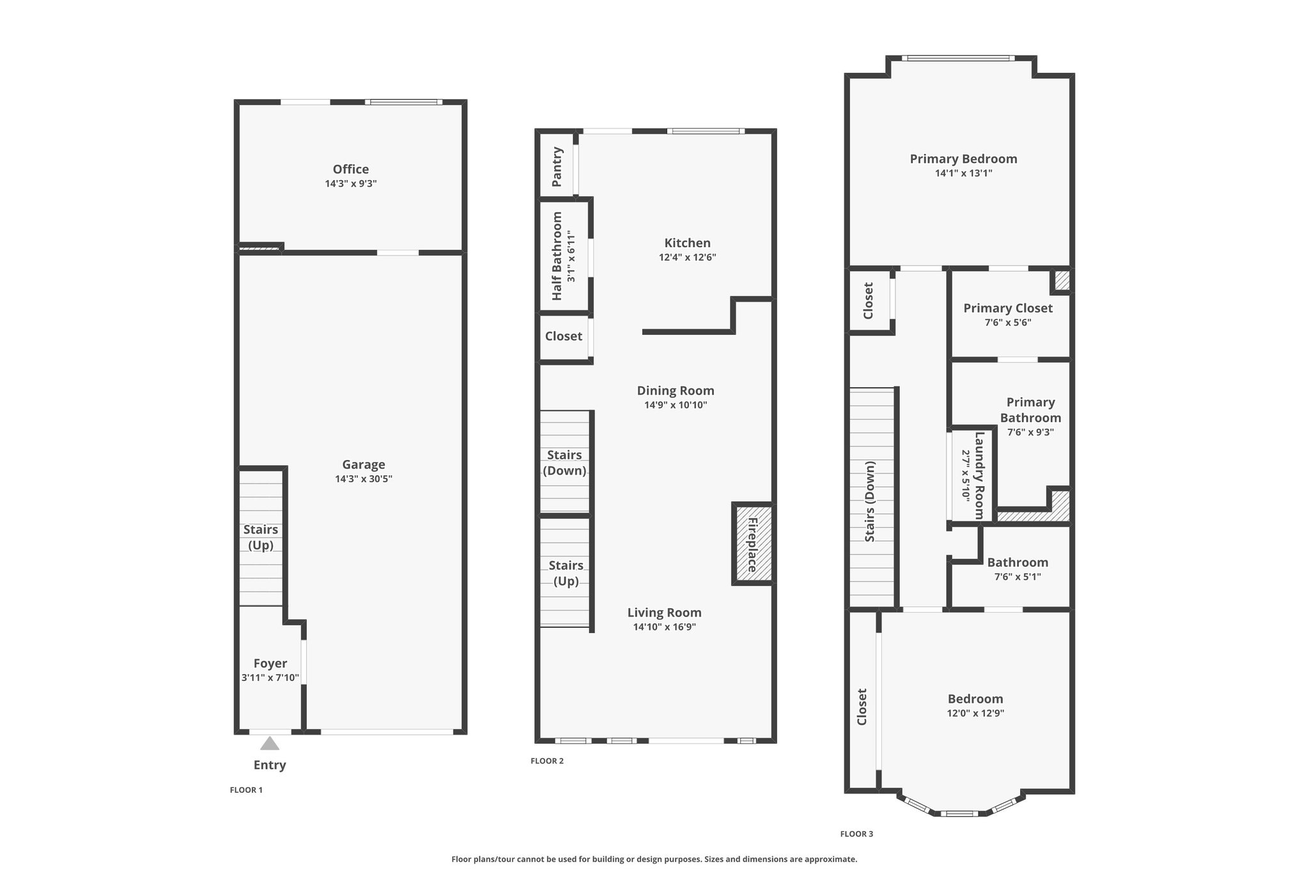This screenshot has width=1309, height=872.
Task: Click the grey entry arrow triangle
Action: [270, 743]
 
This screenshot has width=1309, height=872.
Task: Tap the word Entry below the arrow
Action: [270, 765]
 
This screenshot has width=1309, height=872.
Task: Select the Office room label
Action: [351, 169]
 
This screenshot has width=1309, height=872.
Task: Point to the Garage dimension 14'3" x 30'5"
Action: [364, 479]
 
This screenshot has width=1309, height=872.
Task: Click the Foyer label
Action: [270, 664]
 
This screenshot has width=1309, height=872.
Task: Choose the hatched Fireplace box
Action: [752, 544]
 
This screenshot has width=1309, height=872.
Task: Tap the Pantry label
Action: [557, 167]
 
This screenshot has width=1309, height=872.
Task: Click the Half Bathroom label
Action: [557, 256]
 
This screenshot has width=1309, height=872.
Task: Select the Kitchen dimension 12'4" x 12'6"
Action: [688, 257]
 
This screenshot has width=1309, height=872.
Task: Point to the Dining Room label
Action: [676, 390]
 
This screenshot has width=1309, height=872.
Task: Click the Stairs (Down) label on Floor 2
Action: [564, 463]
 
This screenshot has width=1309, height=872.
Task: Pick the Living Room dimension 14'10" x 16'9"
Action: [665, 627]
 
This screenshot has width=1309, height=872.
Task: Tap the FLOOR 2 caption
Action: [547, 761]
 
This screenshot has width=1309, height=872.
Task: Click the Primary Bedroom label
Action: [963, 159]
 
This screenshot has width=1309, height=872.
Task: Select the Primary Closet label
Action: [1008, 308]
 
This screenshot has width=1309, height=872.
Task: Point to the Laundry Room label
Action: [979, 476]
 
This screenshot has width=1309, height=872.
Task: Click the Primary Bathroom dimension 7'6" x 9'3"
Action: [1030, 432]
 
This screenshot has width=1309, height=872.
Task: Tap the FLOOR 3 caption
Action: [856, 834]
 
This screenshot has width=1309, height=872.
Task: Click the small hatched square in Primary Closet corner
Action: [1061, 280]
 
